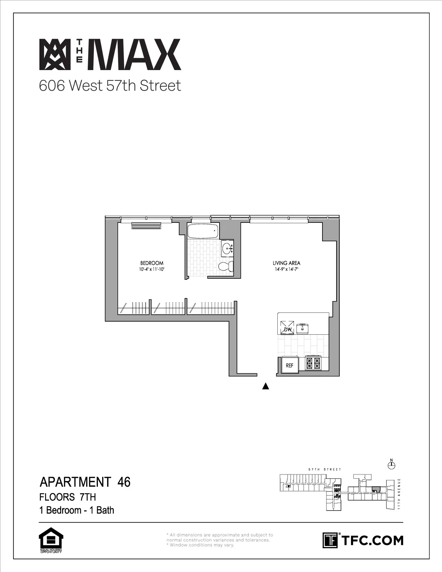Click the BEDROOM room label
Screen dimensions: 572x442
tap(152, 263)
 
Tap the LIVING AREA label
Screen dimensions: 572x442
tap(286, 263)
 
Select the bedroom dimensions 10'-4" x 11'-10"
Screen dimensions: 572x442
tap(152, 269)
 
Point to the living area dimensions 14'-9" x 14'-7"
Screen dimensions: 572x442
tap(286, 269)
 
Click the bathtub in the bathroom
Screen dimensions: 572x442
tap(203, 231)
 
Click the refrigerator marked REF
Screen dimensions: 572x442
tap(290, 365)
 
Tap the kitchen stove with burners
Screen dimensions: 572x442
tap(313, 363)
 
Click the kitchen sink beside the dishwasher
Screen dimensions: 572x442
tap(302, 328)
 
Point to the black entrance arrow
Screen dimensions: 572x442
tap(266, 386)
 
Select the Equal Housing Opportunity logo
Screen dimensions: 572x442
tap(51, 540)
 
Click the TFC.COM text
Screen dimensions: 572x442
tap(372, 540)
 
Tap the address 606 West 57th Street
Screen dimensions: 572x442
tap(110, 86)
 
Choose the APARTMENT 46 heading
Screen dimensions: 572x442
tap(85, 482)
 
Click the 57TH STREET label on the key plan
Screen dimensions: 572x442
tap(325, 469)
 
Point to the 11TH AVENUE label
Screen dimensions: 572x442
tap(399, 494)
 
